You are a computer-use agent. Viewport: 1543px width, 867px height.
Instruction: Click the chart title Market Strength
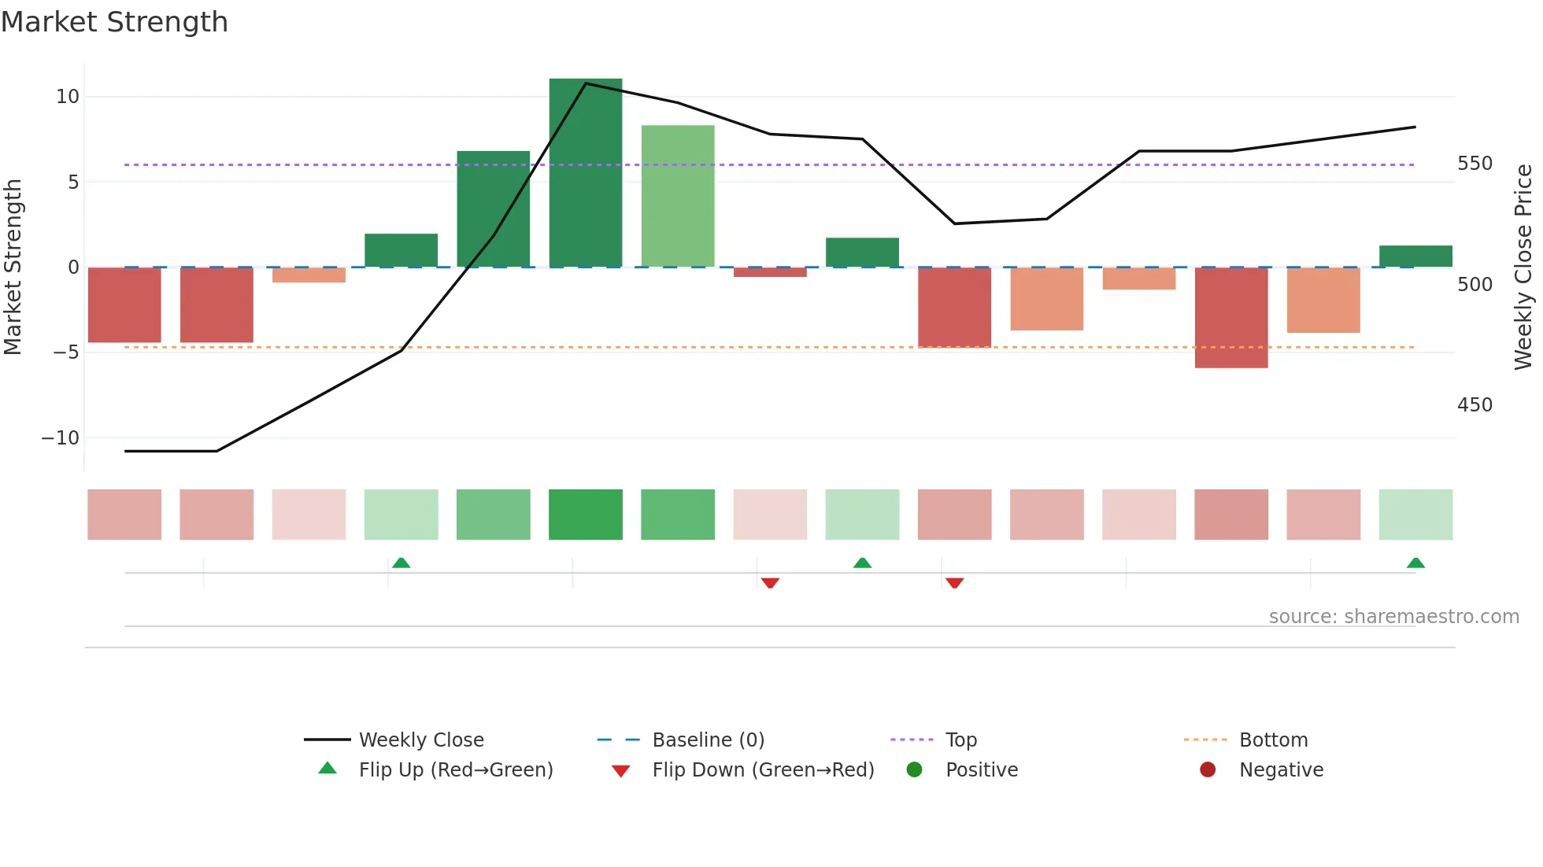pos(114,22)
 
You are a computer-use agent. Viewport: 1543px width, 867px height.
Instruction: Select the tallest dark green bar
pos(585,173)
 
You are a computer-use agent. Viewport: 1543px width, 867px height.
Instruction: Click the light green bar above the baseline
pos(677,197)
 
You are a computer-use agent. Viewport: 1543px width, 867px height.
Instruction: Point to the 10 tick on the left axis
pos(68,97)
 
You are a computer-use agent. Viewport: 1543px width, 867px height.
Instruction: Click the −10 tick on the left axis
pos(61,438)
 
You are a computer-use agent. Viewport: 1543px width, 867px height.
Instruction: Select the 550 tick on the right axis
pos(1474,164)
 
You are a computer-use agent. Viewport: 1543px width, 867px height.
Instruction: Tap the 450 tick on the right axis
pos(1474,405)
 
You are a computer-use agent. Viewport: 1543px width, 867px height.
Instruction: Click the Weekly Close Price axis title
pos(1523,267)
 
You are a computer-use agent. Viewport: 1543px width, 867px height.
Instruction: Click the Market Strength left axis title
pos(13,267)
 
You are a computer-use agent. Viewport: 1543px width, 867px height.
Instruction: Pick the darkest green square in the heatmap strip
pos(585,515)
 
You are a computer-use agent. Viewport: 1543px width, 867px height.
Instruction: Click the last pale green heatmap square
pos(1415,515)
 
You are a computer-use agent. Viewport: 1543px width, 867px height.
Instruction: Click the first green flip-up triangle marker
pos(401,563)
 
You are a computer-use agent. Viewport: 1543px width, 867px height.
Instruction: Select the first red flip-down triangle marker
pos(770,583)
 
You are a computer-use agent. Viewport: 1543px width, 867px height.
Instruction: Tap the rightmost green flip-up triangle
pos(1415,563)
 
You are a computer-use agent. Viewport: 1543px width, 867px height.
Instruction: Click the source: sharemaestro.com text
pos(1393,617)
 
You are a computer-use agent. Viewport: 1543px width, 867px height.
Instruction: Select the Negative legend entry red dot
pos(1207,770)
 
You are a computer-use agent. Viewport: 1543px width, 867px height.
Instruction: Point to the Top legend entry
pos(960,740)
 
